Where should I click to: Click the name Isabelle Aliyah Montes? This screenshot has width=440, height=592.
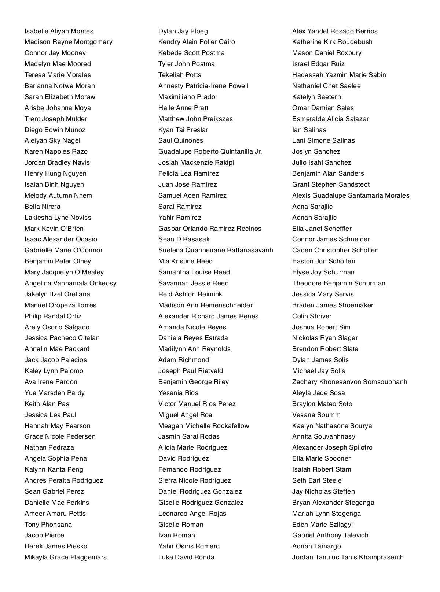(x=59, y=31)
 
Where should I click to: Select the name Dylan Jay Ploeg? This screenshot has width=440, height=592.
(x=183, y=31)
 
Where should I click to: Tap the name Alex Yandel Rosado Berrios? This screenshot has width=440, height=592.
(x=335, y=31)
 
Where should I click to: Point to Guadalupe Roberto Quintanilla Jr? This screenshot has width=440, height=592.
(x=210, y=151)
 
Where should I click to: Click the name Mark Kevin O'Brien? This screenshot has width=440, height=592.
(x=54, y=229)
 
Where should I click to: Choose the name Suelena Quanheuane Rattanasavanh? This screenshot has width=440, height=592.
(x=216, y=250)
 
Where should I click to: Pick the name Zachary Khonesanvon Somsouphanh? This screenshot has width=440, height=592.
(x=349, y=382)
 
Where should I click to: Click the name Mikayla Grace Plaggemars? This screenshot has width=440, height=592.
(x=66, y=557)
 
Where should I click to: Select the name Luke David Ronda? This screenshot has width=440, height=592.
(x=186, y=557)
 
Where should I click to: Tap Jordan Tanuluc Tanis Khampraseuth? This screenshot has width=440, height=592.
(x=348, y=557)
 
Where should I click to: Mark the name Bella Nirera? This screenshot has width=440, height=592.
(x=43, y=207)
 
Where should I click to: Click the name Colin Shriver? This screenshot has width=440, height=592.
(x=312, y=316)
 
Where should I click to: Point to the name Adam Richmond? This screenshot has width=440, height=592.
(x=184, y=360)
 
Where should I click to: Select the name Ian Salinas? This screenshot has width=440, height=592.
(x=309, y=130)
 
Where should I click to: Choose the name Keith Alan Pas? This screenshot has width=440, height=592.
(x=47, y=404)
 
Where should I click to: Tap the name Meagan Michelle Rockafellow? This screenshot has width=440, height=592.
(x=203, y=426)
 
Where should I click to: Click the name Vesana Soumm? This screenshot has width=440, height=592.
(x=316, y=415)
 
